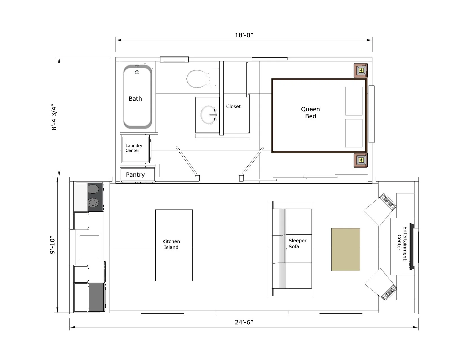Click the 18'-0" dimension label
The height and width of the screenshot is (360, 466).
point(244,35)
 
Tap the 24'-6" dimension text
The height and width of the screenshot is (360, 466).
point(244,322)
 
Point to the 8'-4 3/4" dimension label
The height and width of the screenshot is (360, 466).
point(54,118)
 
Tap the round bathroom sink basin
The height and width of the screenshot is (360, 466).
point(209,115)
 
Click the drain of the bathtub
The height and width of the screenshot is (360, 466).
point(137,72)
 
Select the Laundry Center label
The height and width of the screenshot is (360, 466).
point(134,148)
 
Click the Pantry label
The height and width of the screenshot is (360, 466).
point(135,175)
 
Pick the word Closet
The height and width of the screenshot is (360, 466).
point(233,106)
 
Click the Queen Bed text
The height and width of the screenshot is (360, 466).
point(310,113)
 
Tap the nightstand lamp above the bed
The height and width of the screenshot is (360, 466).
point(361,70)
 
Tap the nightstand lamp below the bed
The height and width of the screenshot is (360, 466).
point(361,160)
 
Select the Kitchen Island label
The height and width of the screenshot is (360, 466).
point(171,244)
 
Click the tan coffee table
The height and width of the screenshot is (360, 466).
point(345,250)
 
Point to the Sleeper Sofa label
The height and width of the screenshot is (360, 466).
point(297,243)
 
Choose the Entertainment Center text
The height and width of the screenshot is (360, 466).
point(402,243)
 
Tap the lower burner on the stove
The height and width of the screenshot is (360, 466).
point(93,202)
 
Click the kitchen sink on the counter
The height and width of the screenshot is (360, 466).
point(90,247)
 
